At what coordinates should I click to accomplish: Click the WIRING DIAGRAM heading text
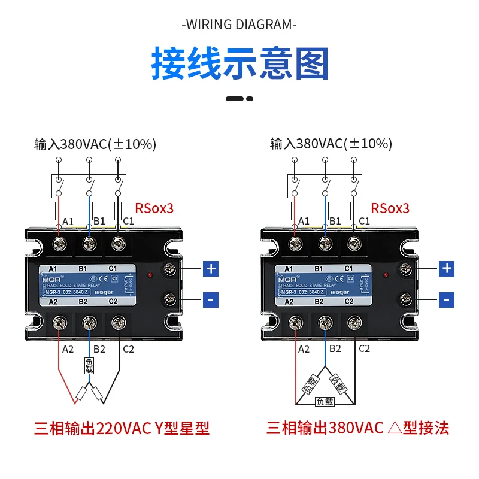click(239, 25)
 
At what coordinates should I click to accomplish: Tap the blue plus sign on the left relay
click(211, 269)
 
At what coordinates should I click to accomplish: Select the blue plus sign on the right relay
click(447, 269)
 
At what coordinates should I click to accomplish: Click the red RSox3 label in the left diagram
click(154, 208)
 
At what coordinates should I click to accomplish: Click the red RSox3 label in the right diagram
click(390, 208)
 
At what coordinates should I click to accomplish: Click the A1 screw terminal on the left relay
click(60, 244)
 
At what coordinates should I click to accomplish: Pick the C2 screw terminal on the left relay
click(118, 323)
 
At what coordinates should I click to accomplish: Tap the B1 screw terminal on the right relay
click(325, 244)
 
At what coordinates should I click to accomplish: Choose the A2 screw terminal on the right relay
click(295, 323)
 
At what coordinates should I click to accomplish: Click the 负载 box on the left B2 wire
click(89, 366)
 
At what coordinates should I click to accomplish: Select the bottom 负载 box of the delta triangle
click(325, 402)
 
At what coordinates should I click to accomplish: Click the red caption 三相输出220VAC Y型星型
click(122, 428)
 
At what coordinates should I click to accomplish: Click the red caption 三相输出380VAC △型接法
click(357, 428)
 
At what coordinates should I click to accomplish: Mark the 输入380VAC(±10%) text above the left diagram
click(96, 144)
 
